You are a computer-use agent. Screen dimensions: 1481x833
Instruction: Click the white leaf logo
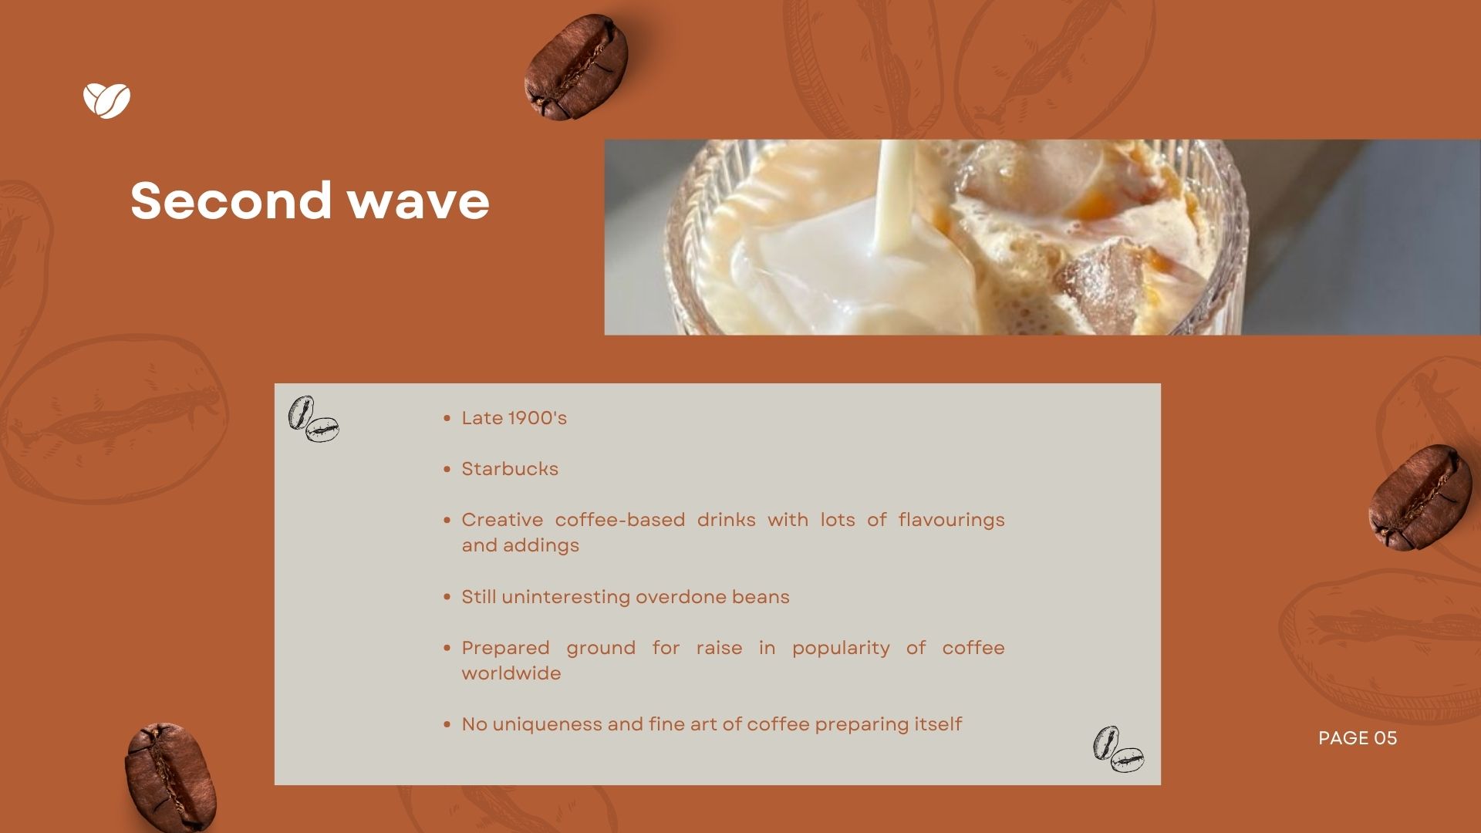(106, 100)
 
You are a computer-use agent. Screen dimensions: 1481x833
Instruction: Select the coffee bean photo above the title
(575, 67)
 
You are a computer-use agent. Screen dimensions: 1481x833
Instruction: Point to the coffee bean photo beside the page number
(1419, 497)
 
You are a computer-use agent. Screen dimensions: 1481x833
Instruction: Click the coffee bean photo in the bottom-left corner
(170, 777)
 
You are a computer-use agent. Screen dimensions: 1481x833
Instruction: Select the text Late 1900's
(514, 418)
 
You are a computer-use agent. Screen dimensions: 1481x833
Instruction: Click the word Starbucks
(510, 469)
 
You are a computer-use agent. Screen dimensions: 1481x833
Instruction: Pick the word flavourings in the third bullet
(951, 521)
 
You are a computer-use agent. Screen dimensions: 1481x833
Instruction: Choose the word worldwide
(511, 673)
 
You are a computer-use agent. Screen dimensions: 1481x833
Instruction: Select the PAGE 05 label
(1358, 738)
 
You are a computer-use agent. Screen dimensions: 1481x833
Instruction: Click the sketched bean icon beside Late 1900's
(313, 419)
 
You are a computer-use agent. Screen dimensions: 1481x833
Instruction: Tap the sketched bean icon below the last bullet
(1118, 748)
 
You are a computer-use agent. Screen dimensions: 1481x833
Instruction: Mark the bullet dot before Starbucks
(447, 469)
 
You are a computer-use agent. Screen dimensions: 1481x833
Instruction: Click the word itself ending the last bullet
(937, 724)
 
